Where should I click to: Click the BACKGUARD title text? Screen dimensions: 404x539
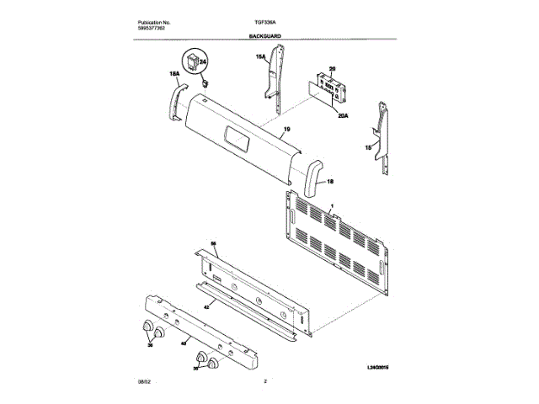click(x=264, y=37)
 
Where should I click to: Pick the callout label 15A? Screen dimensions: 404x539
click(x=261, y=57)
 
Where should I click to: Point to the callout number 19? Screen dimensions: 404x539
click(x=286, y=129)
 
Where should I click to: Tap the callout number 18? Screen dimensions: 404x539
click(x=330, y=181)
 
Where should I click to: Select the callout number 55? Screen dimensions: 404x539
click(x=213, y=243)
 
